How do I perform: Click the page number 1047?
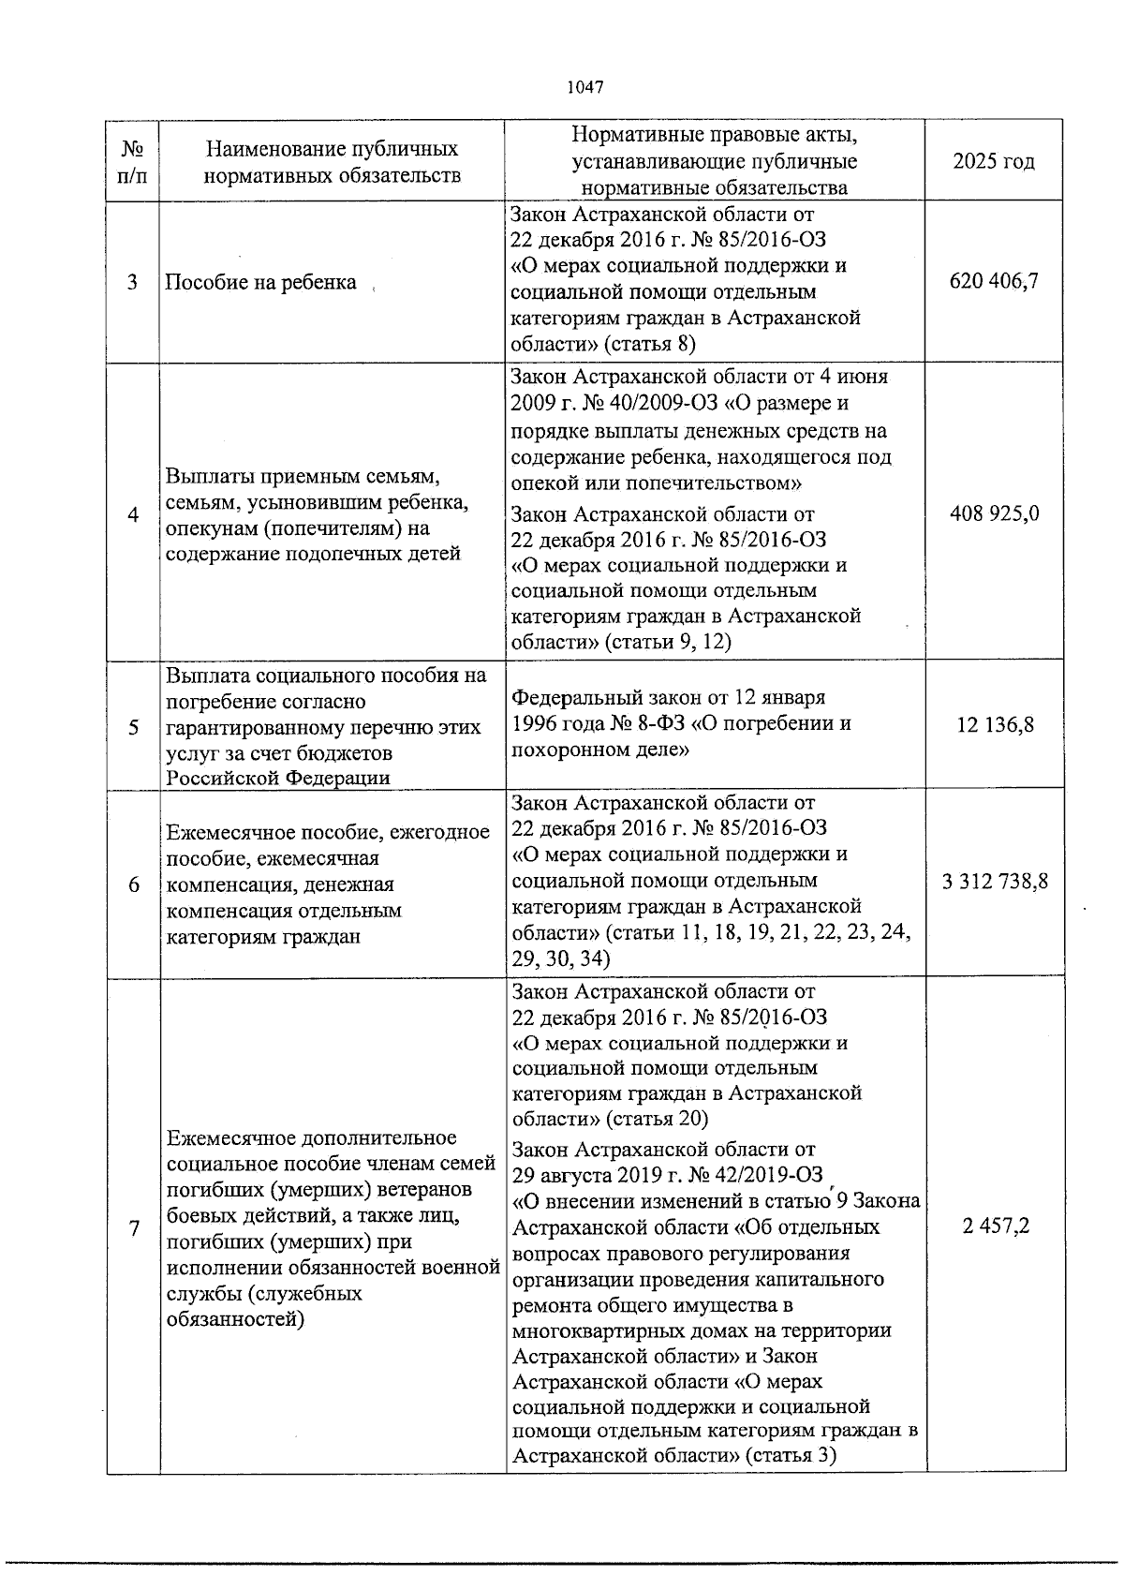click(584, 87)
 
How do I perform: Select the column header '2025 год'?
click(994, 161)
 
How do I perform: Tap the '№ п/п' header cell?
click(134, 161)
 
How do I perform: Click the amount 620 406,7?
click(994, 280)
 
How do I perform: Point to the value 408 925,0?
click(994, 513)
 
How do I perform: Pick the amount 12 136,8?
click(995, 724)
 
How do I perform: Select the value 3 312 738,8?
click(994, 882)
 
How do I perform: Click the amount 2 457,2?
click(996, 1226)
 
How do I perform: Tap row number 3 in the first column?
click(134, 282)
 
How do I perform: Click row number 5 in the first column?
click(134, 726)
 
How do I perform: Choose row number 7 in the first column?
click(134, 1228)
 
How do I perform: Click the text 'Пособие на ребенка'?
click(260, 282)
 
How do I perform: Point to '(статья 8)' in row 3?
click(650, 344)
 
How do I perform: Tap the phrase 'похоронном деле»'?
click(599, 750)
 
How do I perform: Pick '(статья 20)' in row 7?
click(657, 1119)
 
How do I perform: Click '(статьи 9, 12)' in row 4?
click(667, 642)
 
